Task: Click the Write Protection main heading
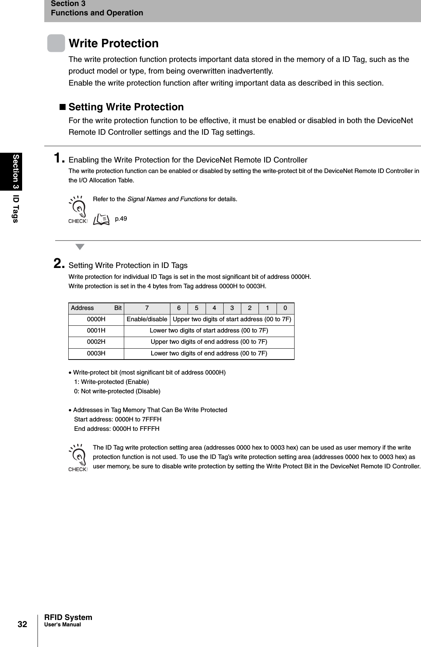tap(114, 44)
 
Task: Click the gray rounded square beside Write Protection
tap(56, 43)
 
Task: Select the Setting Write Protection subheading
tap(126, 107)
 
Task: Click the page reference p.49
tap(121, 218)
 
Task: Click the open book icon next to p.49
tap(101, 219)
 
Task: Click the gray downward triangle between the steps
tap(80, 247)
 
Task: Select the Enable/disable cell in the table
tap(147, 319)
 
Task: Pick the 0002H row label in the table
tap(96, 342)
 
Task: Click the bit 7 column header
tap(147, 308)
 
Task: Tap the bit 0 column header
tap(285, 308)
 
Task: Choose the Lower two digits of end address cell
tap(209, 354)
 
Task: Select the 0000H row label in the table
tap(96, 319)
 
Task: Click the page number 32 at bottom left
tap(23, 624)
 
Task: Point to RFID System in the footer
tap(68, 617)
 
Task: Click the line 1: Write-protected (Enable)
tap(111, 382)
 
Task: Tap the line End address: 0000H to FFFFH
tap(117, 429)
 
